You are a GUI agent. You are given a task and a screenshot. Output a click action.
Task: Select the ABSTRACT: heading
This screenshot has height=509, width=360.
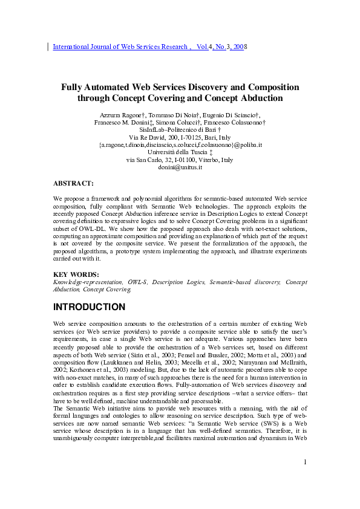(73, 183)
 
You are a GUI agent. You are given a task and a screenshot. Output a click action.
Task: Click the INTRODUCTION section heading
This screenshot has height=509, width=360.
(90, 307)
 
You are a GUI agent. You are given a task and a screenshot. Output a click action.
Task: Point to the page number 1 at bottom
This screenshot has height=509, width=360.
(306, 479)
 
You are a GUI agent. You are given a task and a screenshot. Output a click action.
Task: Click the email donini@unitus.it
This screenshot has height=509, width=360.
(180, 167)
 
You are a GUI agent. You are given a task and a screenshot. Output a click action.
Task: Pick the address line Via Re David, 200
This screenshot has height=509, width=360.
(180, 138)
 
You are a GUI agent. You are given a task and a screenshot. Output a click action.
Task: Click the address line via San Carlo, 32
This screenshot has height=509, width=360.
(180, 160)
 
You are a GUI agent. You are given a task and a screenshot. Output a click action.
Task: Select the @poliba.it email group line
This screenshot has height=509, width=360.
(180, 145)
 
